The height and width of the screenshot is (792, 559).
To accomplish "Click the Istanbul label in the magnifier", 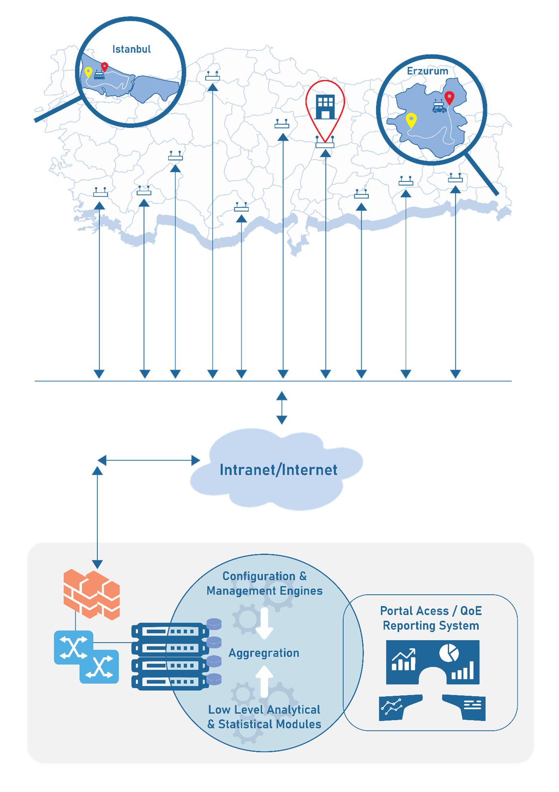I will pyautogui.click(x=131, y=49).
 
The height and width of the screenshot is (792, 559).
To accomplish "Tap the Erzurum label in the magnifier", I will pyautogui.click(x=427, y=71).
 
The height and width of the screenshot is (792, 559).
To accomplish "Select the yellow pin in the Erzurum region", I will pyautogui.click(x=411, y=120).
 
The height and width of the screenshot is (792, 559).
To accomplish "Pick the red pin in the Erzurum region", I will pyautogui.click(x=449, y=97).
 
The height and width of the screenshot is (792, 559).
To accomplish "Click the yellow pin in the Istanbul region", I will pyautogui.click(x=88, y=72).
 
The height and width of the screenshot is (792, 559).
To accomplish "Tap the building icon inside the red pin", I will pyautogui.click(x=325, y=107).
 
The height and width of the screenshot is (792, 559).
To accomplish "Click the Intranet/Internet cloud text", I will pyautogui.click(x=278, y=470).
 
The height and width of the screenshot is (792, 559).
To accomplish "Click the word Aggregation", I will pyautogui.click(x=263, y=653).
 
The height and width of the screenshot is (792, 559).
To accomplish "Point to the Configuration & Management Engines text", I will pyautogui.click(x=264, y=583).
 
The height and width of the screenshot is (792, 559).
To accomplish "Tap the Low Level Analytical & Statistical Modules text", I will pyautogui.click(x=264, y=717).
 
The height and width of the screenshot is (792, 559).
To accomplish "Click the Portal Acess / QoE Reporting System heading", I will pyautogui.click(x=430, y=618).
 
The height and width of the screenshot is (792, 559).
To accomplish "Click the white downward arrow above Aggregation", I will pyautogui.click(x=264, y=623).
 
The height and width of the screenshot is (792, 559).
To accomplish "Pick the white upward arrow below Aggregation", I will pyautogui.click(x=264, y=682).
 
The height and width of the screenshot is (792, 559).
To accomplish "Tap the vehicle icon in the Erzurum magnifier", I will pyautogui.click(x=439, y=108).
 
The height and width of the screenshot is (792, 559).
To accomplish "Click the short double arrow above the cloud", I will pyautogui.click(x=282, y=407).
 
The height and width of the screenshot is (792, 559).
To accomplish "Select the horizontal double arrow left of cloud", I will pyautogui.click(x=149, y=460).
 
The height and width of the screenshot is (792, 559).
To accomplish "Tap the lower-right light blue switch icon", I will pyautogui.click(x=99, y=667).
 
